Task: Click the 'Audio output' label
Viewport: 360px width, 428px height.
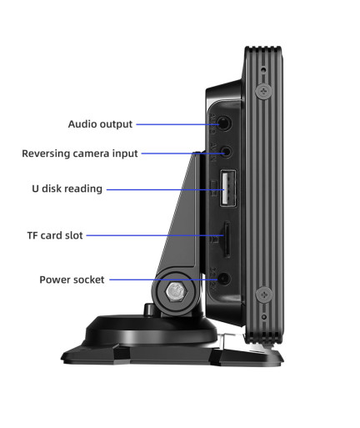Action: click(100, 124)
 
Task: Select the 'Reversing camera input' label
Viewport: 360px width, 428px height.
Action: click(80, 154)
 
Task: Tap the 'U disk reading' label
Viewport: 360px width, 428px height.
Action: click(67, 189)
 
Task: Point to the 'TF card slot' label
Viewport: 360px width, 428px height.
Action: click(55, 235)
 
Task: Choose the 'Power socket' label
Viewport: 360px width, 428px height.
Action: click(72, 279)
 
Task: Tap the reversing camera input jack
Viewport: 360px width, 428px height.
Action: click(227, 152)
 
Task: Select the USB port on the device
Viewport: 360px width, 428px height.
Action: click(227, 188)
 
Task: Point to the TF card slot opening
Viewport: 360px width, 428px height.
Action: click(227, 239)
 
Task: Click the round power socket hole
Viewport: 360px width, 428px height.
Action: click(224, 279)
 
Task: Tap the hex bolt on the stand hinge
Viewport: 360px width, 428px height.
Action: click(176, 292)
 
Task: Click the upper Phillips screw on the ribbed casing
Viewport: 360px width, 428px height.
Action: click(263, 91)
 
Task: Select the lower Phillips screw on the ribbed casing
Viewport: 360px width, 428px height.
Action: click(264, 295)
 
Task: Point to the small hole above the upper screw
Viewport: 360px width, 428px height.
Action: click(263, 69)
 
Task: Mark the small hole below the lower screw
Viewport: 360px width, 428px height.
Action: click(264, 317)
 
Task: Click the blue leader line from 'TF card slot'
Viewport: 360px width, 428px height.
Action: click(155, 235)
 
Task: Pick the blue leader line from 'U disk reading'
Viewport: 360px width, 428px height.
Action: click(166, 189)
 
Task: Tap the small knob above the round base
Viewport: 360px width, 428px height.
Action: click(149, 310)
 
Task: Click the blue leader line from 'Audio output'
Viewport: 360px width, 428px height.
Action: click(177, 124)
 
